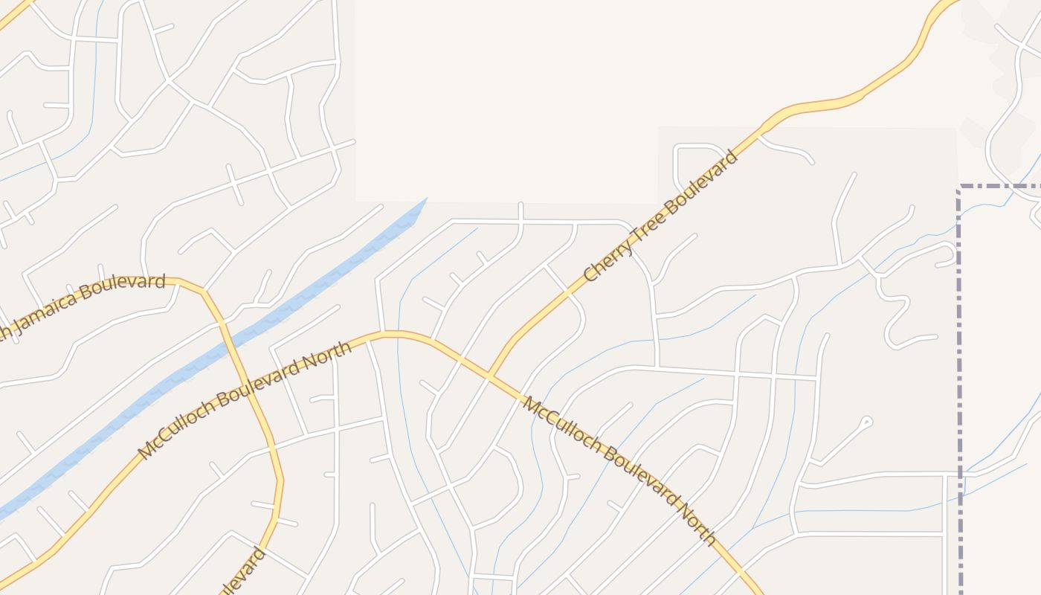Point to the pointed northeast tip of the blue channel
[426, 199]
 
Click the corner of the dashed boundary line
[960, 187]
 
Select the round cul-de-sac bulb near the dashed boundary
[866, 422]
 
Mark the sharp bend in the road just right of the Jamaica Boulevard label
[203, 291]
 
